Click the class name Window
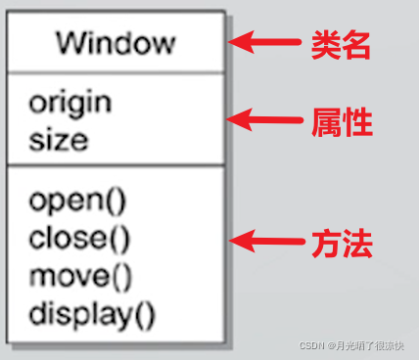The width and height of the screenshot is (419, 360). pyautogui.click(x=116, y=43)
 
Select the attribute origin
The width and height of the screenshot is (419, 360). pyautogui.click(x=70, y=102)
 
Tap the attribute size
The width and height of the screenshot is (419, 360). pyautogui.click(x=58, y=139)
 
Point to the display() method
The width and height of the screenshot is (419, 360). pyautogui.click(x=92, y=314)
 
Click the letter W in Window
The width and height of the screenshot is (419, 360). pyautogui.click(x=70, y=43)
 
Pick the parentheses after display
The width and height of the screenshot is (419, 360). pyautogui.click(x=145, y=315)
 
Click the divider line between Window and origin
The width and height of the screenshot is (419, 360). pyautogui.click(x=116, y=73)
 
